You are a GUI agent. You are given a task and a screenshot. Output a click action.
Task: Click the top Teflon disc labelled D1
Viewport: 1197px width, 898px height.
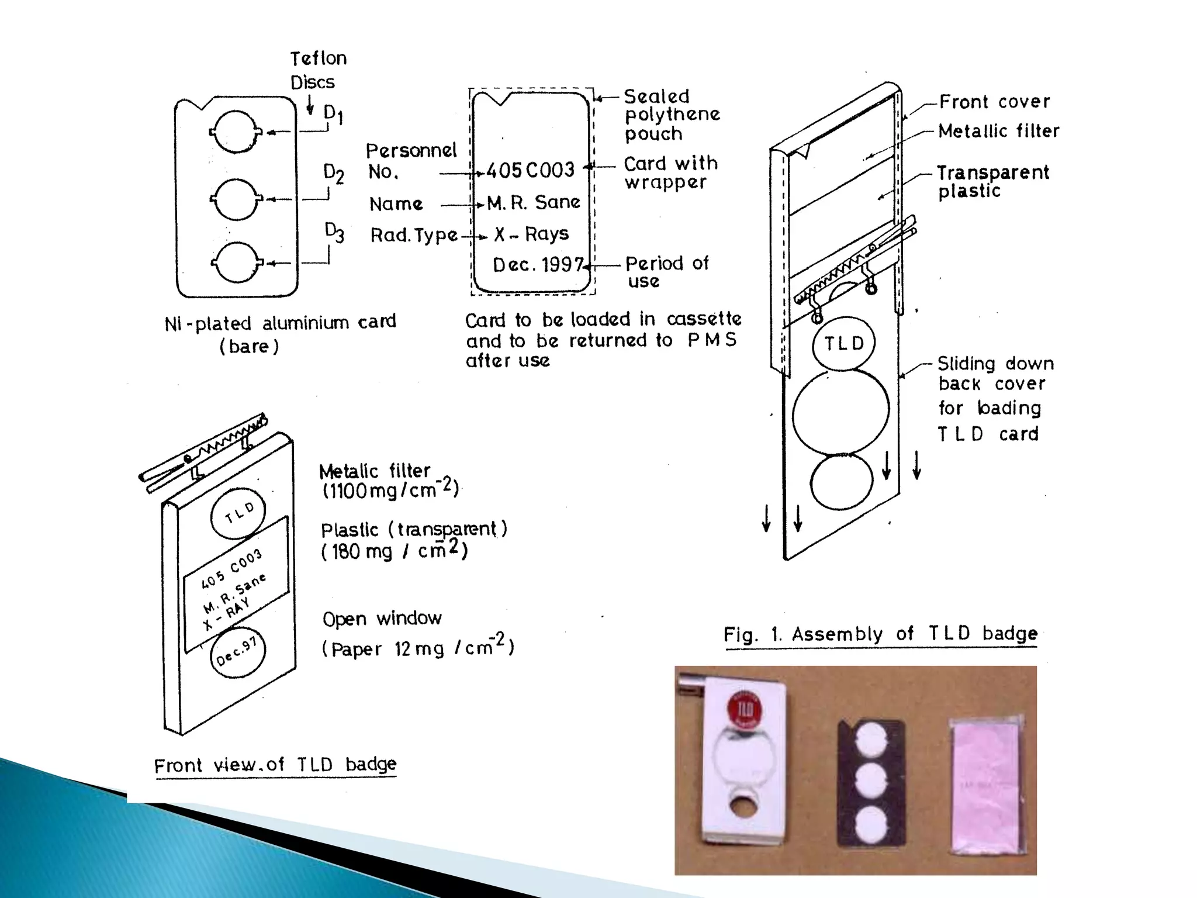coord(235,132)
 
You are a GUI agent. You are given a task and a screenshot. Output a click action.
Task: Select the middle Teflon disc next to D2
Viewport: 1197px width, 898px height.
coord(235,199)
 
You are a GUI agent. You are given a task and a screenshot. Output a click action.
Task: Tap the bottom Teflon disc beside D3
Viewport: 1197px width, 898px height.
coord(235,263)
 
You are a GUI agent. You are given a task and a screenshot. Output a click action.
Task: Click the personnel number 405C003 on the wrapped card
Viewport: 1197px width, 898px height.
coord(531,170)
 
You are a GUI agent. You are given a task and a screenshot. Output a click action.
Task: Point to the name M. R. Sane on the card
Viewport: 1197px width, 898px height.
coord(534,202)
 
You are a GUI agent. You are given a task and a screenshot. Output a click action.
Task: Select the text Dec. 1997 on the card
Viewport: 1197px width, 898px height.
coord(537,265)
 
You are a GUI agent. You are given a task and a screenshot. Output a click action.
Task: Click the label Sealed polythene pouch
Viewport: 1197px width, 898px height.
coord(671,115)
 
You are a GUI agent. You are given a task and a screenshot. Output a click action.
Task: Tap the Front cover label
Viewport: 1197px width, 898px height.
coord(994,102)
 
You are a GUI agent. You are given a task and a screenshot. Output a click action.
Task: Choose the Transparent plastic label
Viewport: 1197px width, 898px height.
coord(992,181)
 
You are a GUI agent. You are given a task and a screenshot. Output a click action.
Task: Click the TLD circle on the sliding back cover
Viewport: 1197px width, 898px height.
coord(843,344)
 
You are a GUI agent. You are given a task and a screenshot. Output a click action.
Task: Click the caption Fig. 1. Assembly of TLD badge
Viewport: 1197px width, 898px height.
coord(880,634)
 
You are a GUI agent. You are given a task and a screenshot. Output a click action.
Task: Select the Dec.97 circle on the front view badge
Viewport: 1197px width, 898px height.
coord(237,651)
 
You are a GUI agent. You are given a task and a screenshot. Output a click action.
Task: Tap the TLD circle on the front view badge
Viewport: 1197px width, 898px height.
coord(238,513)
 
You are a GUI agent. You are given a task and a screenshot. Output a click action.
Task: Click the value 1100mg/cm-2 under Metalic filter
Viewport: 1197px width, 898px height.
coord(390,489)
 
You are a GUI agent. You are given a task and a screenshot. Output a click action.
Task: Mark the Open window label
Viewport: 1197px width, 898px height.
coord(382,619)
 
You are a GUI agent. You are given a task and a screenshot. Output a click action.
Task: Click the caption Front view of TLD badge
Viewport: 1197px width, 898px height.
coord(275,765)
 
